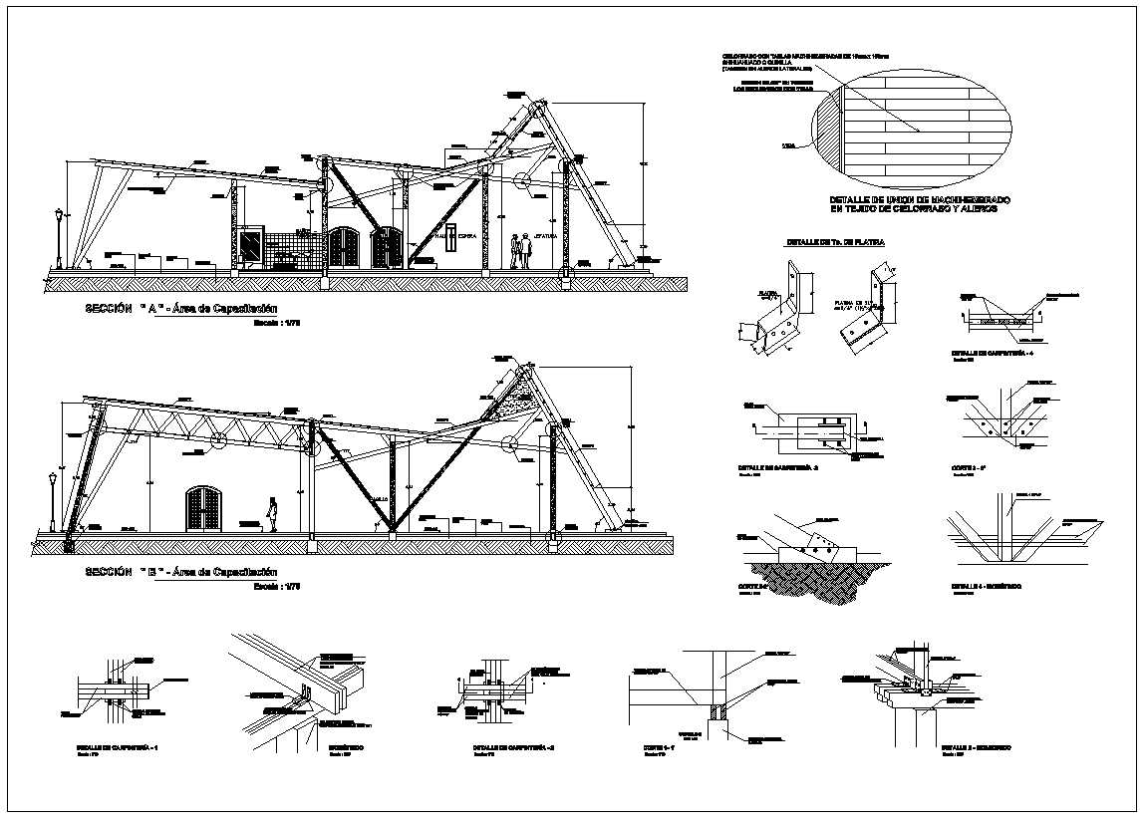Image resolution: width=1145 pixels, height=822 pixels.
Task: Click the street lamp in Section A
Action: tap(59, 237)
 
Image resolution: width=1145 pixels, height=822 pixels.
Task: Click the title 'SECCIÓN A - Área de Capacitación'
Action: tap(180, 310)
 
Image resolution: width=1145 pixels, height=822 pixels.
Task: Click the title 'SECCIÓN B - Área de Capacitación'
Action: tap(180, 572)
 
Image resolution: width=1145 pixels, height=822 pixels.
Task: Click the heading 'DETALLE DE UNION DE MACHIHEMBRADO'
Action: tap(912, 200)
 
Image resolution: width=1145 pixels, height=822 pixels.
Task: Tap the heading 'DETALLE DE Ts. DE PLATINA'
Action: tap(835, 242)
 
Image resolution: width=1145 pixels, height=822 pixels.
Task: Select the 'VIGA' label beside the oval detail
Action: tap(788, 146)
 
